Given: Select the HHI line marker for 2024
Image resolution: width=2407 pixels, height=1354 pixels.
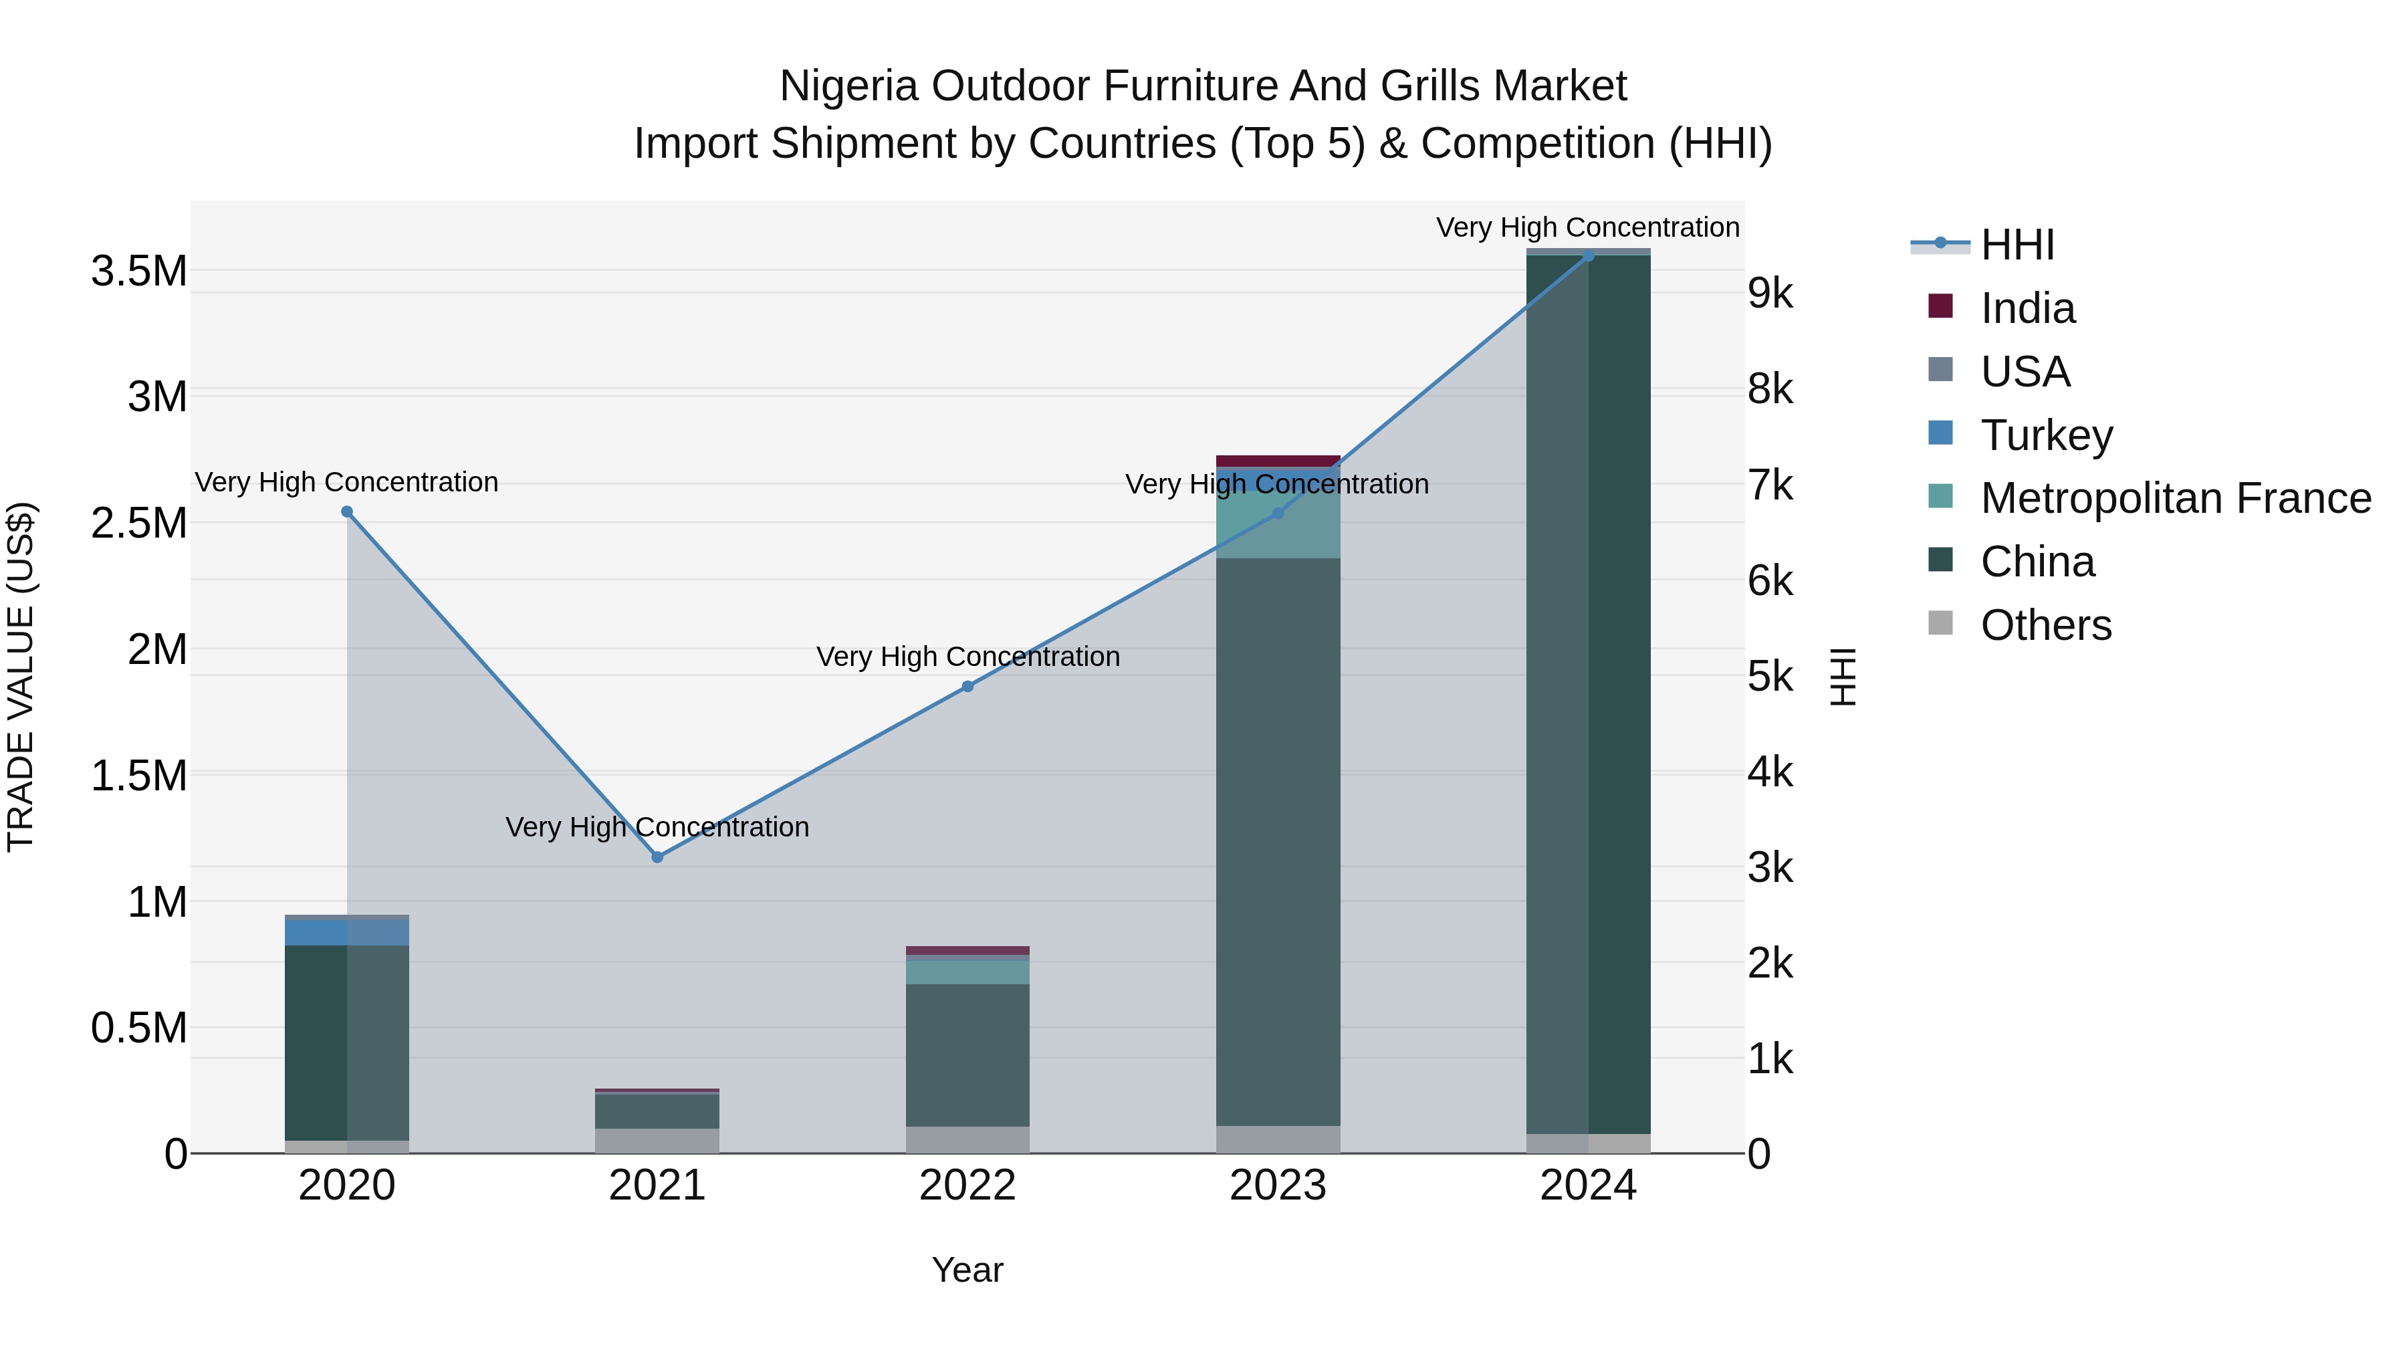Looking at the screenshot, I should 1589,255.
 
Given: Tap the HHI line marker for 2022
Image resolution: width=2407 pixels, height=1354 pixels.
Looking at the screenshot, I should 968,687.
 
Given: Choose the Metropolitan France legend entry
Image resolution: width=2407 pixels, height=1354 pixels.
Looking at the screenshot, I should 2174,498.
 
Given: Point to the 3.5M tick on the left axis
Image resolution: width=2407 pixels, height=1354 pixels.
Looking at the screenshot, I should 138,272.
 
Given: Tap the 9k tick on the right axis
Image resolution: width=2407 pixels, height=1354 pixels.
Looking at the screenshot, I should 1770,294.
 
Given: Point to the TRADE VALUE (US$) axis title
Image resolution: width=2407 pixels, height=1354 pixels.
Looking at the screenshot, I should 21,677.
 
